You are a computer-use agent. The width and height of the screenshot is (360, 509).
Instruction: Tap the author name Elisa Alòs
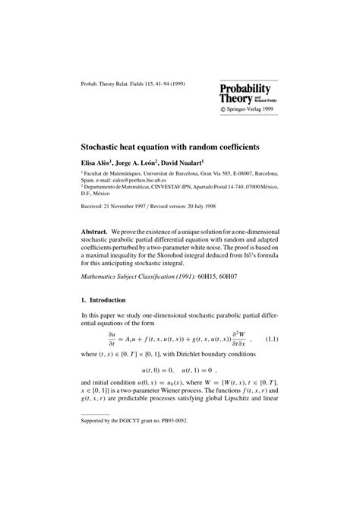(x=98, y=162)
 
